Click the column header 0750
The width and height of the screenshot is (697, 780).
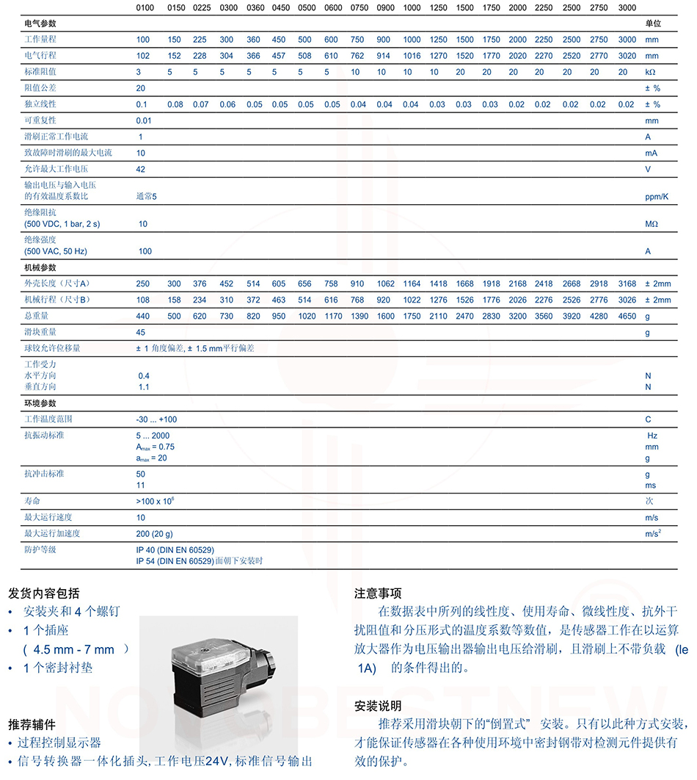357,8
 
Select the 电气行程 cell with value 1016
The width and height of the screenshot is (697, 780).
412,56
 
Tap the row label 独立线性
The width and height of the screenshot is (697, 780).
40,104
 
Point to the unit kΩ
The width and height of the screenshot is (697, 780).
650,72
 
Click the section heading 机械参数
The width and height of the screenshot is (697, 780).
40,267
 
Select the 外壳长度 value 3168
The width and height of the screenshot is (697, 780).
627,284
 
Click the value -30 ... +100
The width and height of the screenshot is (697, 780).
156,419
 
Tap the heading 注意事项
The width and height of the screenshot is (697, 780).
378,593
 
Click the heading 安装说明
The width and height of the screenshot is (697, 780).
378,706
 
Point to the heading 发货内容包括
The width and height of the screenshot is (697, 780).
44,593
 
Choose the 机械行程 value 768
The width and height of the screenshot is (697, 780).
357,300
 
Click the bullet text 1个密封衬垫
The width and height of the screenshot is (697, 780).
58,668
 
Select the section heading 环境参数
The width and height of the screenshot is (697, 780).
40,403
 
